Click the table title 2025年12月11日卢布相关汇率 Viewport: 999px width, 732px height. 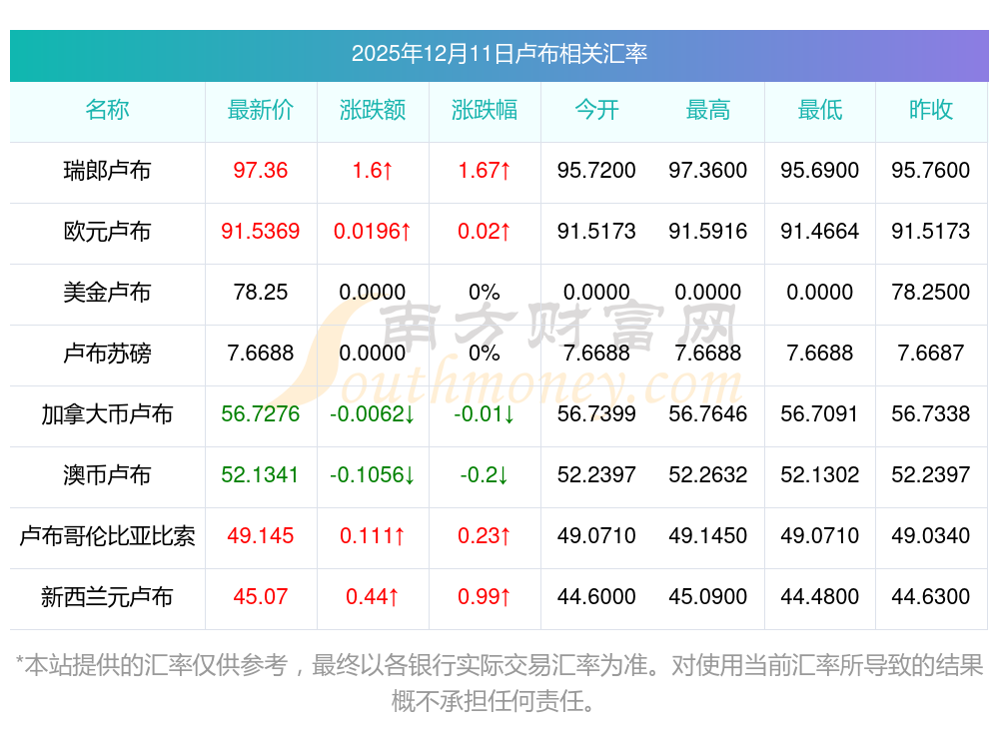click(499, 53)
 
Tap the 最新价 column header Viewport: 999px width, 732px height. click(261, 110)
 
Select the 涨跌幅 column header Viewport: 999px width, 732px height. click(485, 110)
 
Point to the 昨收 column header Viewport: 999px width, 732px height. click(931, 110)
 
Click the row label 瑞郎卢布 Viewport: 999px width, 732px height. click(107, 171)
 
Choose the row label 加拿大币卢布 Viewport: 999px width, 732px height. click(107, 414)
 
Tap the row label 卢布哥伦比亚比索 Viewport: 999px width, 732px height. click(107, 536)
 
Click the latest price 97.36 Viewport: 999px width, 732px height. click(261, 171)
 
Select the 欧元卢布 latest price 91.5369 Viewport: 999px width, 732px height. click(261, 232)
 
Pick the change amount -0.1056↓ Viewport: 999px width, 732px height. click(373, 475)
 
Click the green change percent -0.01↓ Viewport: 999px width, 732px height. click(485, 414)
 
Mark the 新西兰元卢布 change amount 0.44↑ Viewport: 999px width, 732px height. click(373, 597)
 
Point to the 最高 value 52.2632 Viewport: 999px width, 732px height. click(708, 475)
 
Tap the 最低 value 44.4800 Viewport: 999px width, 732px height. click(820, 597)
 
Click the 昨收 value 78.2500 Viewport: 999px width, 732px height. click(931, 293)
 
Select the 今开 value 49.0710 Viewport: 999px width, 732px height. click(596, 536)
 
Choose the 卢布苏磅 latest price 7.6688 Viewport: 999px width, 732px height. click(261, 354)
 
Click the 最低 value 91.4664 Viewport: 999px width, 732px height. click(820, 232)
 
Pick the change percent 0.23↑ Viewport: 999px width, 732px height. click(485, 536)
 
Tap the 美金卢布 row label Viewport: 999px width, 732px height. click(107, 293)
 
